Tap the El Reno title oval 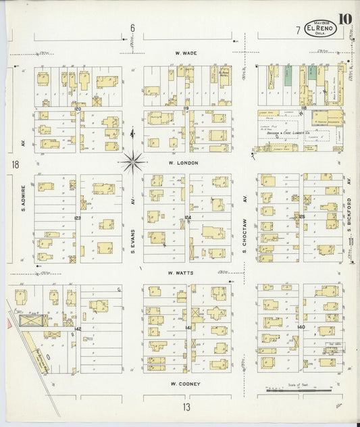pyautogui.click(x=319, y=29)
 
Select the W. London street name pyautogui.click(x=184, y=163)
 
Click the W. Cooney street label pyautogui.click(x=184, y=383)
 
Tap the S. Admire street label pyautogui.click(x=23, y=199)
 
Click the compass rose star pyautogui.click(x=133, y=161)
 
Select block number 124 pyautogui.click(x=188, y=218)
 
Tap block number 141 pyautogui.click(x=189, y=327)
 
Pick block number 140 pyautogui.click(x=301, y=327)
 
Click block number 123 pyautogui.click(x=78, y=218)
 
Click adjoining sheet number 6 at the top pyautogui.click(x=132, y=28)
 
